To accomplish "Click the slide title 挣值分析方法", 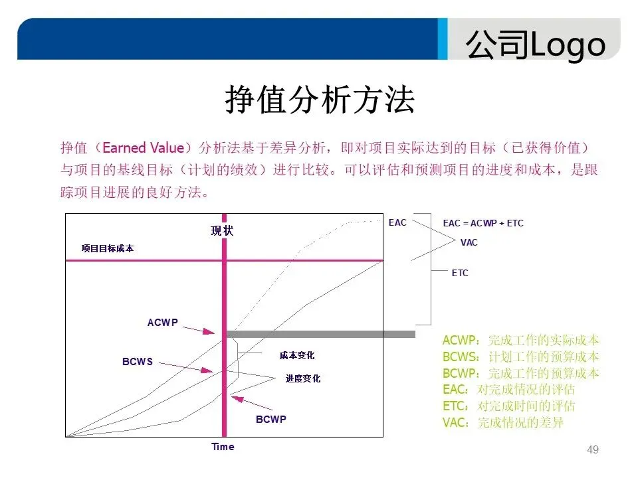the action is [319, 100].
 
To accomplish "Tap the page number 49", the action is [593, 450].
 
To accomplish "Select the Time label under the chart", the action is [223, 447].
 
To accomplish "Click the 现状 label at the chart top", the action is [223, 231].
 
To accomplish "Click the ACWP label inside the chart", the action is [162, 323].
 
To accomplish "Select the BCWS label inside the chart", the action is [138, 362].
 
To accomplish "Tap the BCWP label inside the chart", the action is [271, 420].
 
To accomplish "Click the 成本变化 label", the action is [297, 357].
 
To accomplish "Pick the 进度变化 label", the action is [303, 378].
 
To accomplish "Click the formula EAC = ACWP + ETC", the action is [483, 223].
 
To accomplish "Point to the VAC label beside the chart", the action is [469, 242].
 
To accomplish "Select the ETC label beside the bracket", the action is [460, 273].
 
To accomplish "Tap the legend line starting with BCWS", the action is [520, 357].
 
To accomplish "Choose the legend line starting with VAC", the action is [502, 423].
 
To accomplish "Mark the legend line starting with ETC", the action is [508, 406].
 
